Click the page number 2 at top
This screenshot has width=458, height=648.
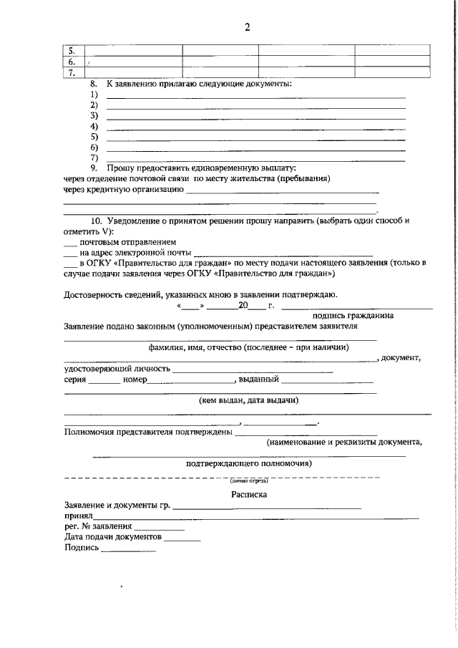click(247, 28)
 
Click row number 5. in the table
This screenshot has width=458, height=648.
click(72, 51)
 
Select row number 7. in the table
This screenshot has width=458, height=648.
click(72, 72)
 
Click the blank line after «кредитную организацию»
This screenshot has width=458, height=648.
click(282, 191)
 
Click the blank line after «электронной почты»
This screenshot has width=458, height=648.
click(283, 253)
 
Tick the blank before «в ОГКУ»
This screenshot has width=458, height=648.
click(69, 263)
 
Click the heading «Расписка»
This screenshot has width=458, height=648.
click(248, 493)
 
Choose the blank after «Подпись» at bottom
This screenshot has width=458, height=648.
click(127, 550)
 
